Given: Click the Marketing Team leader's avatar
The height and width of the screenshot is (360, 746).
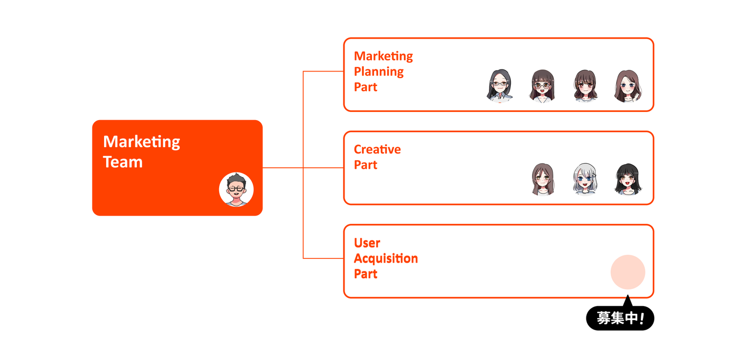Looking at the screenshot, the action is (236, 190).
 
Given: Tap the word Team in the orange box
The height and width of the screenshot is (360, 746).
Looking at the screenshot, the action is (123, 162).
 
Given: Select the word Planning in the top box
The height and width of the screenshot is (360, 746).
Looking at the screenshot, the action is (379, 72).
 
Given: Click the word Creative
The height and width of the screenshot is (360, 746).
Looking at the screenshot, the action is (377, 149).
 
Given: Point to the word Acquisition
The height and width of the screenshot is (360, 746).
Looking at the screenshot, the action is (386, 258).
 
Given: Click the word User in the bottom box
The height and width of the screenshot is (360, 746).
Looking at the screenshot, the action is (367, 243).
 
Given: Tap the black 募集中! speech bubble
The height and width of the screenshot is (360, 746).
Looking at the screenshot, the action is (620, 318).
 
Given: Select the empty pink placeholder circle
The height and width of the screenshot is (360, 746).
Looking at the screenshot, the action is (628, 272).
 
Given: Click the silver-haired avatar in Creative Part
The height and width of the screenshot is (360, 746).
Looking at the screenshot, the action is (585, 179).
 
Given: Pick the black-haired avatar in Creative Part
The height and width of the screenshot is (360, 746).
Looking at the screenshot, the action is (628, 179).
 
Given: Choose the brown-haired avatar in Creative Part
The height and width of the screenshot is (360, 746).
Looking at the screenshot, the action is (542, 179).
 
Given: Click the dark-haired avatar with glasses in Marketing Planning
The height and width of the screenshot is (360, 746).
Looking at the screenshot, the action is (499, 85).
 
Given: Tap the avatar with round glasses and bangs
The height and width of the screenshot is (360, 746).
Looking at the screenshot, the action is (542, 85).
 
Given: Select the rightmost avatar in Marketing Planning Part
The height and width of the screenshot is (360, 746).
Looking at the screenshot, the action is (628, 85).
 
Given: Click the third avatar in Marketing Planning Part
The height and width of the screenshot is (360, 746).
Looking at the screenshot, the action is (585, 85).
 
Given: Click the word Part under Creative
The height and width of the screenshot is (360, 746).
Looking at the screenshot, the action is (365, 165).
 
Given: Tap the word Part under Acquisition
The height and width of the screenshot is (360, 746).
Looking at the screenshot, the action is (365, 274).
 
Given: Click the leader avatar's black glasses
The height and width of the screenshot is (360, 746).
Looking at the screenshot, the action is (236, 189).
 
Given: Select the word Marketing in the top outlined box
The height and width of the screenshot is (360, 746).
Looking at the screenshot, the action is (383, 56).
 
